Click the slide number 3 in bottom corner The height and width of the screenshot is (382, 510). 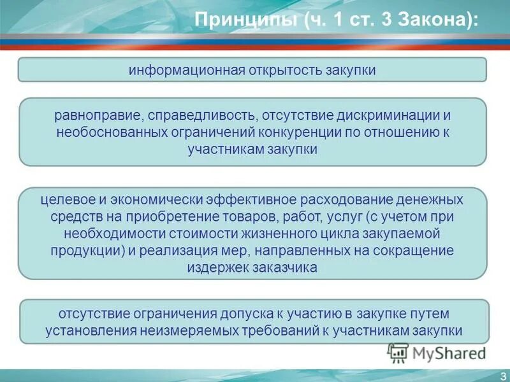502,375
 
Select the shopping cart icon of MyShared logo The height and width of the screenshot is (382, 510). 398,351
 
